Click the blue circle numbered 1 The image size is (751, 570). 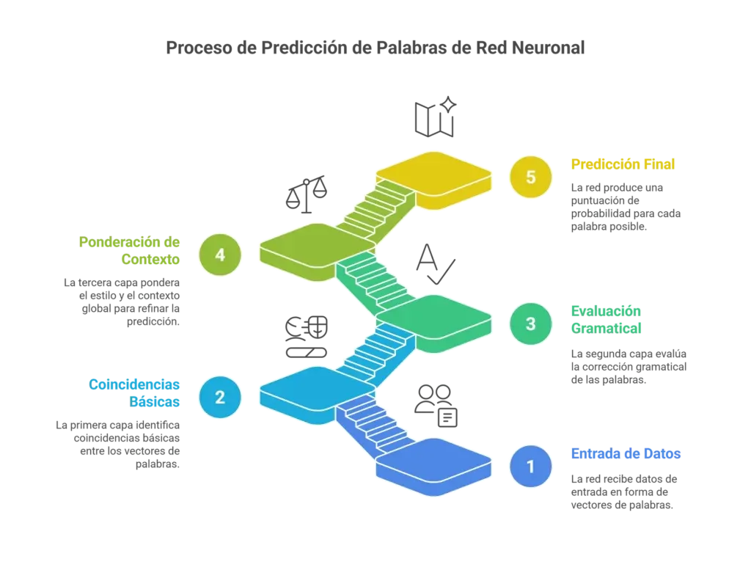pos(531,466)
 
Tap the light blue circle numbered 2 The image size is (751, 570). pos(219,396)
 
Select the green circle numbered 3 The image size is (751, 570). pos(531,324)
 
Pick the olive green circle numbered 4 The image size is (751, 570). pos(219,255)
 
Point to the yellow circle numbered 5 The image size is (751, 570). pos(531,178)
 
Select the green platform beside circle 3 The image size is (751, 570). pos(436,318)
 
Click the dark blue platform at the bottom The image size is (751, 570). pos(434,461)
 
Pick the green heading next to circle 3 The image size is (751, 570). pos(607,318)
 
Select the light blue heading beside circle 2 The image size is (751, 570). pos(134,392)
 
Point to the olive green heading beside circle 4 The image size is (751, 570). pos(128,249)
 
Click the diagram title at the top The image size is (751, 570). pos(375,50)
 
